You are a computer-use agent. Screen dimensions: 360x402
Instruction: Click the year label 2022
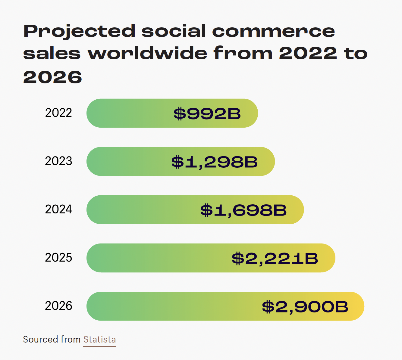[58, 113]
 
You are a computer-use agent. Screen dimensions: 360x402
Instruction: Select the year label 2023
[58, 161]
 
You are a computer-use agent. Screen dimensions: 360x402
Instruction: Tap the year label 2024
[58, 209]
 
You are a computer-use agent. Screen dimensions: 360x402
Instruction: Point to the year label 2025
[58, 258]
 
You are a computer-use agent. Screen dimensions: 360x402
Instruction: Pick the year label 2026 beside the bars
[58, 306]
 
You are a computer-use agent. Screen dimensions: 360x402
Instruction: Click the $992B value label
[207, 114]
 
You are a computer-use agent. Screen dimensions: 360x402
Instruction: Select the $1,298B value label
[214, 162]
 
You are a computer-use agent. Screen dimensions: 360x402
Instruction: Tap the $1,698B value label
[243, 210]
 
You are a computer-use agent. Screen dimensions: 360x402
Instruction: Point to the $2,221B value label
[275, 258]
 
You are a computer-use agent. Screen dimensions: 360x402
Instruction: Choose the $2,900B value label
[305, 307]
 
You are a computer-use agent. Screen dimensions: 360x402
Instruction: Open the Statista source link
[99, 340]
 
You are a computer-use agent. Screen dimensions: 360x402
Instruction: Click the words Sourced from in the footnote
[52, 340]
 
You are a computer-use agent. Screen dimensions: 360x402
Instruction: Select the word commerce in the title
[273, 31]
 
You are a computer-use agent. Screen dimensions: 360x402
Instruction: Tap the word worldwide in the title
[147, 54]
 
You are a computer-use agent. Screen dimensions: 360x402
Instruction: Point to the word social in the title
[174, 31]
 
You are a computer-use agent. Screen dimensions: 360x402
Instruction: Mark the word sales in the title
[52, 54]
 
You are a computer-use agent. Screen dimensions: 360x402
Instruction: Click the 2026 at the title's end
[52, 77]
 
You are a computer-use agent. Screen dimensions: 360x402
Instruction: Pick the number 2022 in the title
[308, 54]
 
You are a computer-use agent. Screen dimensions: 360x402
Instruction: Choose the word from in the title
[243, 54]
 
